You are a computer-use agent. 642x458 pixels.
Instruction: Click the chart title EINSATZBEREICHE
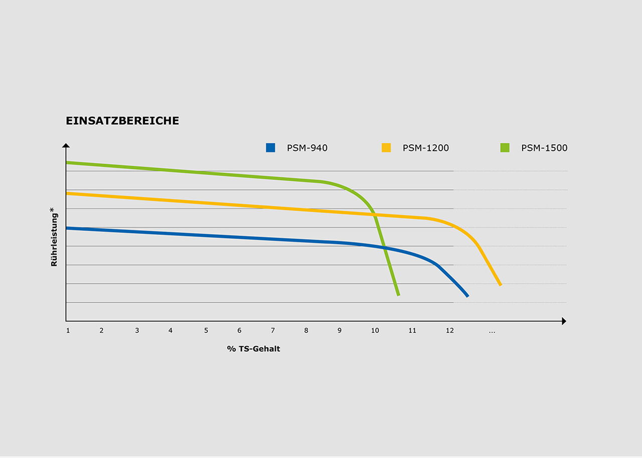click(x=122, y=121)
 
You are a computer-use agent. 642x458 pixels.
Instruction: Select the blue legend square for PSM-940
click(x=271, y=148)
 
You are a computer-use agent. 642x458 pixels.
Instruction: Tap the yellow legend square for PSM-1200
click(x=386, y=148)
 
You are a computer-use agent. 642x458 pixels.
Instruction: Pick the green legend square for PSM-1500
click(x=505, y=148)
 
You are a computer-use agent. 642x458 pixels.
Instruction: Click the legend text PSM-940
click(x=307, y=148)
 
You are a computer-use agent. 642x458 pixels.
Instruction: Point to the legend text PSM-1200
click(x=425, y=148)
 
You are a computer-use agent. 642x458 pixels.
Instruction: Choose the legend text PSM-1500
click(x=544, y=148)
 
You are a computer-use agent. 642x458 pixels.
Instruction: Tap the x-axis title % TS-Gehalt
click(x=253, y=349)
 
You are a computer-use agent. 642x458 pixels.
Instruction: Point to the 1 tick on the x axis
click(x=68, y=331)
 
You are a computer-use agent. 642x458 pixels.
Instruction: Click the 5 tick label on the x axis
click(x=206, y=331)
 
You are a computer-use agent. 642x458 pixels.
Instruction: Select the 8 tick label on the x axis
click(x=306, y=331)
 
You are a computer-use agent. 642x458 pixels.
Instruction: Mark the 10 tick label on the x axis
click(x=375, y=331)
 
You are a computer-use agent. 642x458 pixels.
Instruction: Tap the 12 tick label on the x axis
click(x=450, y=331)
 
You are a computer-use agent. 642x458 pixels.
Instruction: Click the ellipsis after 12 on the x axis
click(x=492, y=331)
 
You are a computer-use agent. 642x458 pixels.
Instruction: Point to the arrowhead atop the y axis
click(x=66, y=145)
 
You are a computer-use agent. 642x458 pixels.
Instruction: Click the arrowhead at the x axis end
click(x=564, y=321)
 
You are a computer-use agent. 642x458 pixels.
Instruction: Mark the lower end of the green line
click(x=398, y=295)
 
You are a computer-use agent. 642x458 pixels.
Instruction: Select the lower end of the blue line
click(x=467, y=296)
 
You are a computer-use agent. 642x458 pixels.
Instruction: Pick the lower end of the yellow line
click(x=500, y=285)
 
